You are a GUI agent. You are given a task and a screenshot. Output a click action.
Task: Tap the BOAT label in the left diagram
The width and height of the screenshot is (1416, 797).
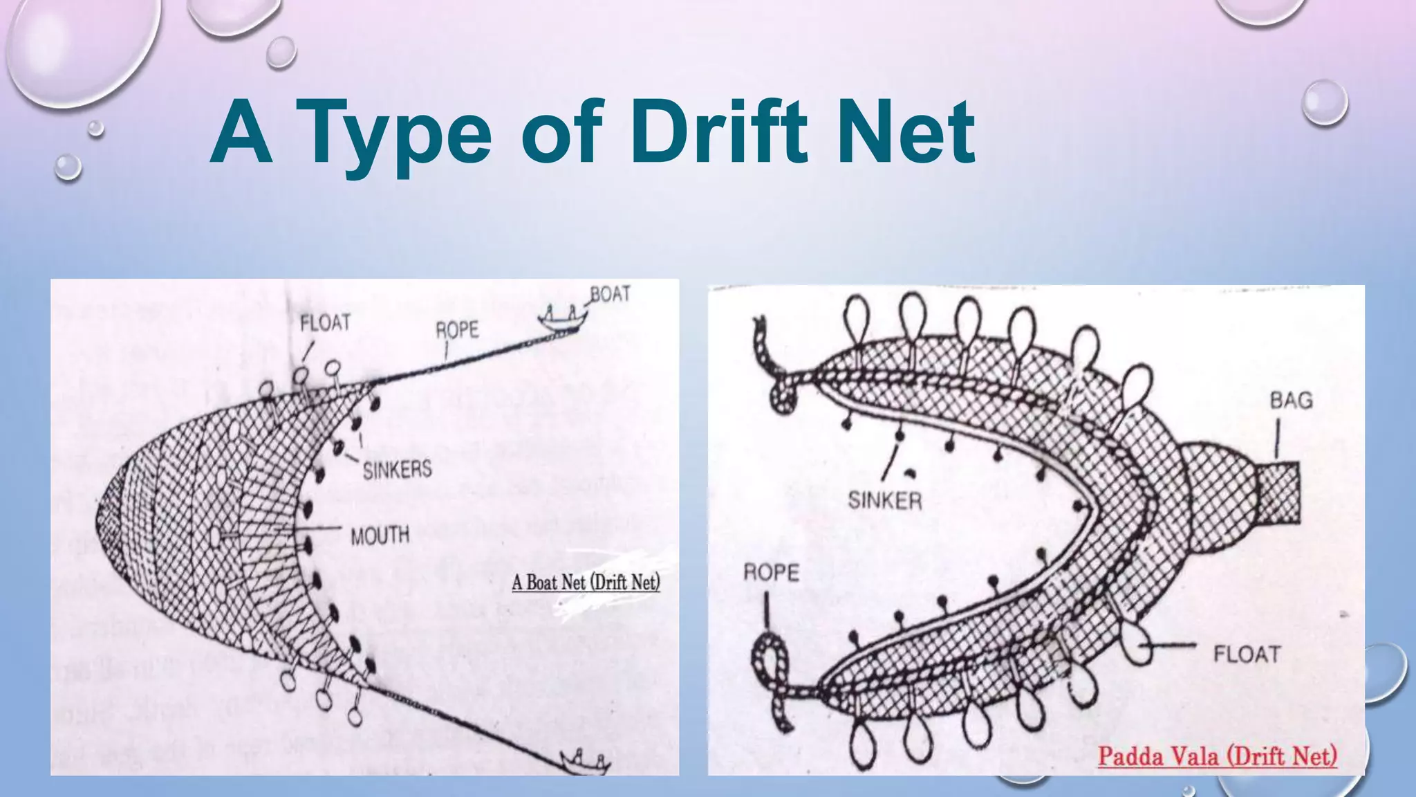coord(610,294)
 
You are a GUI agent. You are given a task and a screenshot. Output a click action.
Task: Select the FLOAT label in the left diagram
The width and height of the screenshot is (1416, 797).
coord(325,322)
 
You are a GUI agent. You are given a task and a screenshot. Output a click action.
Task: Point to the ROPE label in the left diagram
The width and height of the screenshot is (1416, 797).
coord(457,330)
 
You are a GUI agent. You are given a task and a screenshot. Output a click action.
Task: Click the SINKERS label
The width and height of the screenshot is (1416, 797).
coord(397,470)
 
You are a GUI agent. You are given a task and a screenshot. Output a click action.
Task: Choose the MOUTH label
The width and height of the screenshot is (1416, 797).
coord(380,535)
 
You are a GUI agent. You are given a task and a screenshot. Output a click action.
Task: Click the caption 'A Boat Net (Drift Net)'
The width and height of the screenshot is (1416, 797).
coord(586,582)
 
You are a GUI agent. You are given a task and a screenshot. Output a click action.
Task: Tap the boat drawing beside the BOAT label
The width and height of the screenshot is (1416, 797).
coord(563,319)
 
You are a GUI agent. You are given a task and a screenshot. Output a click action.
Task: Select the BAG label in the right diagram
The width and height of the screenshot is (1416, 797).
coord(1291,400)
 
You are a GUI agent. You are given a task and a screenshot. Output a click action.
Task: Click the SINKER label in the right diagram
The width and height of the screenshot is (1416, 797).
coord(885,500)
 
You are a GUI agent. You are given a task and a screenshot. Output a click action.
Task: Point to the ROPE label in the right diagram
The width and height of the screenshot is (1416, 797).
coord(771,573)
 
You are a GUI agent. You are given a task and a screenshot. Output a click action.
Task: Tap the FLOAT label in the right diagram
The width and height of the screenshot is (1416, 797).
coord(1247,654)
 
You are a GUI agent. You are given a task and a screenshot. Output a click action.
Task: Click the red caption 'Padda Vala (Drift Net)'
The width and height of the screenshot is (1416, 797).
coord(1218,755)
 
